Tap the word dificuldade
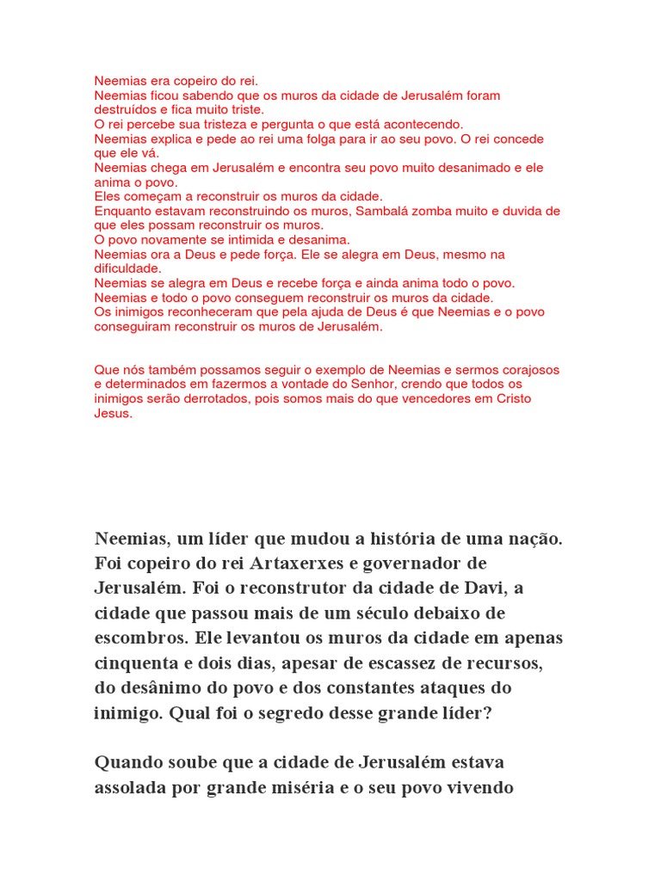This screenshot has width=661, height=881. click(127, 268)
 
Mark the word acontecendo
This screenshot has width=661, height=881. click(422, 124)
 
